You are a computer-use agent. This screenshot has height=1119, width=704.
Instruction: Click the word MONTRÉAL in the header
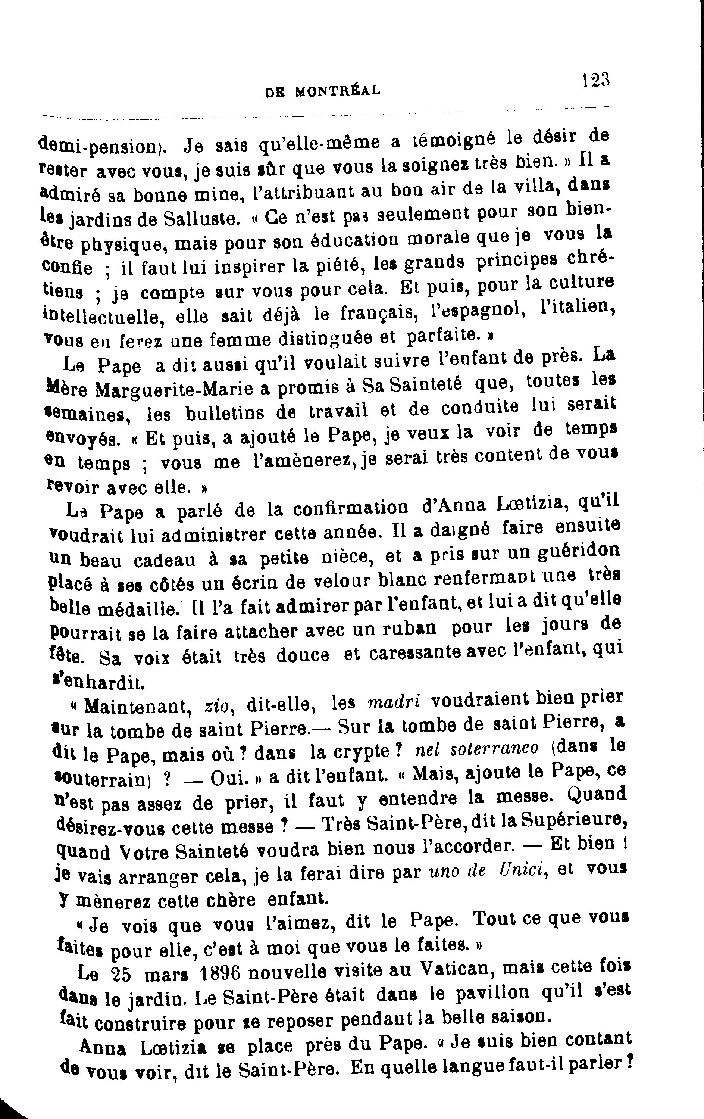click(x=338, y=91)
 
